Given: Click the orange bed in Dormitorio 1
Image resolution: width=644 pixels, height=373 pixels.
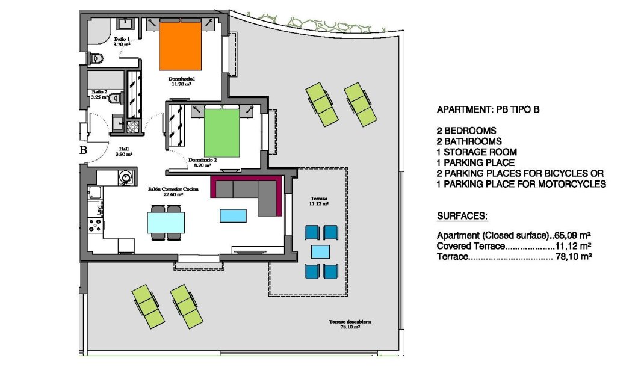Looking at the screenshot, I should click(179, 47).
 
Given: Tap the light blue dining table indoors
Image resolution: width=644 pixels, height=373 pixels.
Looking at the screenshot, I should click(166, 223).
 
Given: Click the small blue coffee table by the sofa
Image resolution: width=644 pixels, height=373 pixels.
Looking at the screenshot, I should click(233, 215).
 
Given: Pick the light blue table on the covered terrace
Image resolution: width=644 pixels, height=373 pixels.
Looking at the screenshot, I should click(320, 251).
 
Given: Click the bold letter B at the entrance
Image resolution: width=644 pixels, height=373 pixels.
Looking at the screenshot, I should click(83, 150).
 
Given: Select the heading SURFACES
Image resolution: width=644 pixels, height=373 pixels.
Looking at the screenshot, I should click(462, 216).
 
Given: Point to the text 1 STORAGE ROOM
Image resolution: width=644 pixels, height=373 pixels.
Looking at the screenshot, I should click(477, 152).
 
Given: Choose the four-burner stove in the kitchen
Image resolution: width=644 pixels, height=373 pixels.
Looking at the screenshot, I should click(95, 225).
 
